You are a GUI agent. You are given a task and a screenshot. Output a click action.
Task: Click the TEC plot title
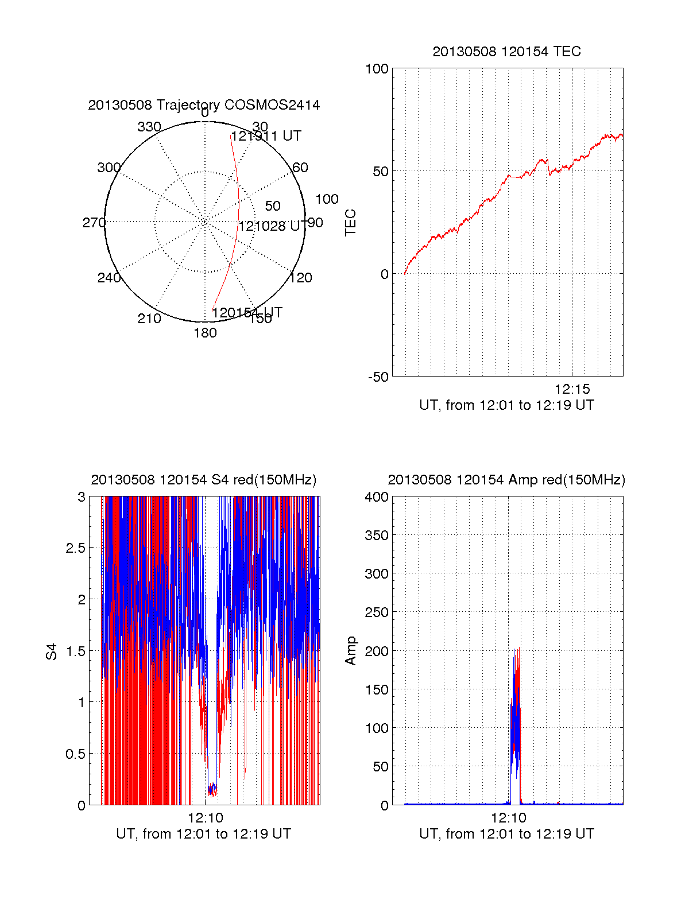(506, 52)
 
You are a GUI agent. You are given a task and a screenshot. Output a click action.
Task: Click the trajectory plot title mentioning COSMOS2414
(204, 105)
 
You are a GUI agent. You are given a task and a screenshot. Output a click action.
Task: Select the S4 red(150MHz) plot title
(204, 480)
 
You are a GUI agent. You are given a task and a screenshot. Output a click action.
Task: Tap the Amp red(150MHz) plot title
(506, 480)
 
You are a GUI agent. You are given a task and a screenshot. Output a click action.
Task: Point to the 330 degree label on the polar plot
(149, 127)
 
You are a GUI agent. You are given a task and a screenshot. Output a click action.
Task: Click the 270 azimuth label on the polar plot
(94, 223)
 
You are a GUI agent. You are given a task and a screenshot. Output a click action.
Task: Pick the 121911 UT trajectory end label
(266, 136)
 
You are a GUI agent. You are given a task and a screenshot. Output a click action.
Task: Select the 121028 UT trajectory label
(271, 226)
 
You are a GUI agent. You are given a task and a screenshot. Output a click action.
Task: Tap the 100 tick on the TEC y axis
(377, 69)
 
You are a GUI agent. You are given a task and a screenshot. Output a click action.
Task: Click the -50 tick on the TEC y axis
(378, 377)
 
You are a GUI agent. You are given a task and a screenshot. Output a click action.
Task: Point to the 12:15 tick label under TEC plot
(572, 389)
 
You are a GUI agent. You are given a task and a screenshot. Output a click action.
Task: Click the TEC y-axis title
(350, 223)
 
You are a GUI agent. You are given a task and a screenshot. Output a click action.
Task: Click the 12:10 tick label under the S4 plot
(206, 818)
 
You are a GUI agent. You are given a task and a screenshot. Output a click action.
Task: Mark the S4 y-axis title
(52, 651)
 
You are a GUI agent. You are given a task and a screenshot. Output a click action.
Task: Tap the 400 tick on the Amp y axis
(377, 497)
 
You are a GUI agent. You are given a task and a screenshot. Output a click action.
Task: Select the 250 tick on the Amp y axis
(377, 612)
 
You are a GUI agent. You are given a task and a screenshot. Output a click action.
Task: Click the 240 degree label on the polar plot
(109, 278)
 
